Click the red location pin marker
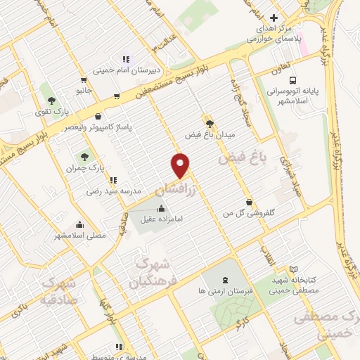point(181,165)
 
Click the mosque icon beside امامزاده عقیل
point(163,207)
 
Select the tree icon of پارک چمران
point(85,157)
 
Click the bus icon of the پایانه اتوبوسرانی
point(292,80)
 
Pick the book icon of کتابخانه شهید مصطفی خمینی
point(294,269)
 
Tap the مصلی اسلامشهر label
point(80,236)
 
